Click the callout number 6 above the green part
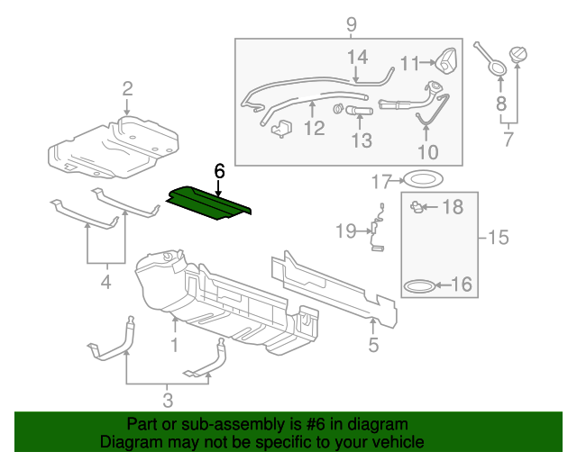point(217,168)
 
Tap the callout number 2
point(127,87)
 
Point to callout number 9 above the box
point(351,23)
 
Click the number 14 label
point(358,58)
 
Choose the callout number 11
point(410,63)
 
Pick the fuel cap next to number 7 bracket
point(520,56)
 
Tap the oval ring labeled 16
point(416,285)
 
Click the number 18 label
point(452,208)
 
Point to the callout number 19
point(346,231)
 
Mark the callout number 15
point(498,238)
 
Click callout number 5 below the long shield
point(373,343)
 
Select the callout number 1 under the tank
point(175,345)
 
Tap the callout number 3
point(168,401)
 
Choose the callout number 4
point(105,283)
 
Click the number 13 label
point(361,140)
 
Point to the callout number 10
point(427,151)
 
